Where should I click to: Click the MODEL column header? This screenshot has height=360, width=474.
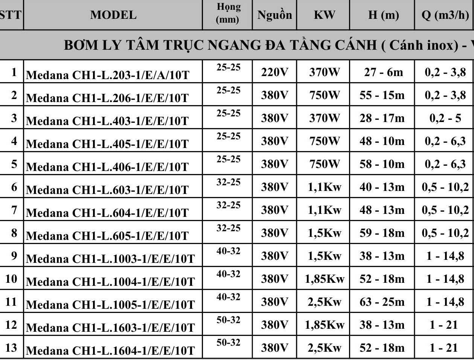(x=113, y=15)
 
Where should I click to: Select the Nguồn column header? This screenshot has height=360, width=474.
(x=274, y=15)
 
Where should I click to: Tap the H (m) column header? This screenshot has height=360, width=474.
(x=383, y=15)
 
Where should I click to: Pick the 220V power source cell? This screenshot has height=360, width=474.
(x=274, y=72)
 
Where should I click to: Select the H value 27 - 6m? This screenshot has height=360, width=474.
(x=383, y=72)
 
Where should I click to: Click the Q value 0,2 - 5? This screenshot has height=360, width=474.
(x=445, y=118)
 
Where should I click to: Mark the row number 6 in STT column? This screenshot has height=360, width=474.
(x=14, y=187)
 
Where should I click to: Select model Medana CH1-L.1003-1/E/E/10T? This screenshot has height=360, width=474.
(x=110, y=259)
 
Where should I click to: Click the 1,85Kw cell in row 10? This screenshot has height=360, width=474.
(x=325, y=279)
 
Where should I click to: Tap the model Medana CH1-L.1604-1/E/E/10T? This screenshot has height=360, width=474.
(x=110, y=351)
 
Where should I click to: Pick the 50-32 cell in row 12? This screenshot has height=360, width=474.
(x=228, y=320)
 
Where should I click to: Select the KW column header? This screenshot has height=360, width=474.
(x=324, y=15)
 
